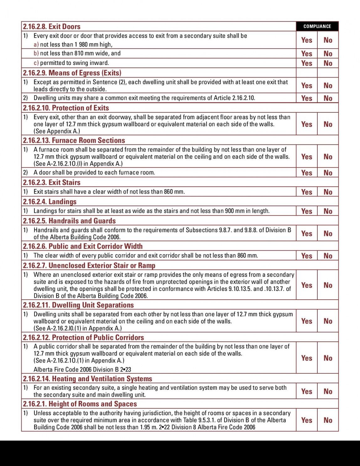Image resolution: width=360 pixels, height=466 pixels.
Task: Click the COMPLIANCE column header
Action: tap(317, 26)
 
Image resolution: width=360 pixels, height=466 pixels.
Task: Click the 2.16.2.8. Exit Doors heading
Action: tap(52, 26)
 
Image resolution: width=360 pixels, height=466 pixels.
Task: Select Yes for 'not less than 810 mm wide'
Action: tap(306, 54)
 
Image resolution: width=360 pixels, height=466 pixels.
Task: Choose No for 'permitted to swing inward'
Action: tap(328, 63)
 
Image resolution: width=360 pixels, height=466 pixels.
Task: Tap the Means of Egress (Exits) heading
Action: tap(72, 73)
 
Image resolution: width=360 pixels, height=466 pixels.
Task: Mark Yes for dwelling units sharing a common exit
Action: tap(306, 98)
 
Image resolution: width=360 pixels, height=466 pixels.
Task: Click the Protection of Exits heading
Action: tap(66, 108)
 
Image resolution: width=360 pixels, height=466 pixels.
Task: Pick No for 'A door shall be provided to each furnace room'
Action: tap(328, 173)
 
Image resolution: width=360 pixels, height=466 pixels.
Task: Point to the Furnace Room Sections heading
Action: tap(74, 140)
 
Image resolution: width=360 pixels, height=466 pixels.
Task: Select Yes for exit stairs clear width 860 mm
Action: tap(306, 192)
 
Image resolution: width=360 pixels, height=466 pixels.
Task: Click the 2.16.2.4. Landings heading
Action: tap(50, 201)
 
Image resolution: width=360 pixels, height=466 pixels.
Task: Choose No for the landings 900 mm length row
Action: tap(328, 211)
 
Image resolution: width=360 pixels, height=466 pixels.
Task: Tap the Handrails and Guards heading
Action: tap(69, 221)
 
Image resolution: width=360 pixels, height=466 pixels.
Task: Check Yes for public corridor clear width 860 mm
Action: tap(306, 256)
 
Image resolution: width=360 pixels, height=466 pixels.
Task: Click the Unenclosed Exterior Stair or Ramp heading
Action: tap(89, 265)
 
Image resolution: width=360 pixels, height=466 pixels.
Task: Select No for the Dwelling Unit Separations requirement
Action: tap(328, 321)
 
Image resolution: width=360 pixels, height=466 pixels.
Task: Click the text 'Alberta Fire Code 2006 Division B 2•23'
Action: tap(82, 369)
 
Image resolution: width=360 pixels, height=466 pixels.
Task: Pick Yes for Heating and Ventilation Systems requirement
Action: tap(306, 391)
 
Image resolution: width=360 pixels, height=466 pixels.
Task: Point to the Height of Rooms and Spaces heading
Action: tap(80, 404)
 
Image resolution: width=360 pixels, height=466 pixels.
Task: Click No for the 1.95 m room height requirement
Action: tap(328, 420)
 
